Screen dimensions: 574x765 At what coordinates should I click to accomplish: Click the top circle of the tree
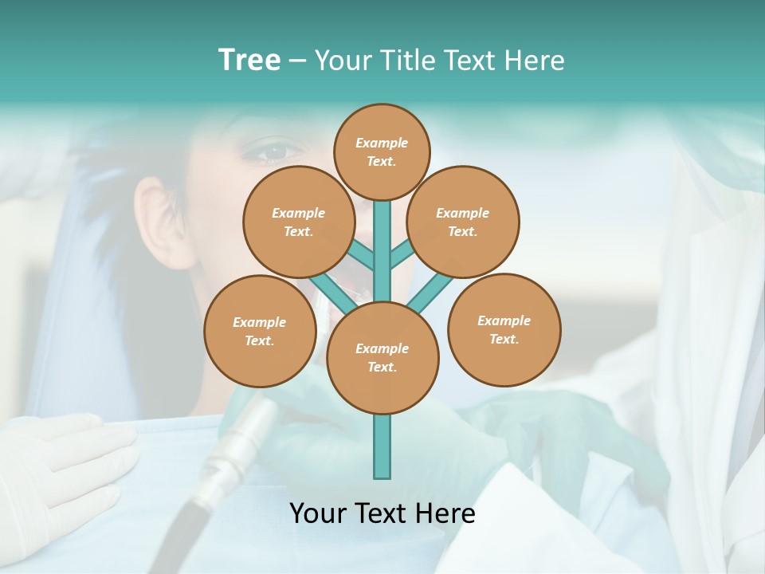pos(382,151)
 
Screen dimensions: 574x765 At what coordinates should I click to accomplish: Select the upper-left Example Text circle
pos(298,222)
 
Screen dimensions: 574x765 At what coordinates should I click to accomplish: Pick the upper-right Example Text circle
pos(462,222)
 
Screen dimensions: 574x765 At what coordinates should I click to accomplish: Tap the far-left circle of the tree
pos(260,331)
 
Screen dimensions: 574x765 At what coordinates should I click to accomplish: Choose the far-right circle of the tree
pos(504,329)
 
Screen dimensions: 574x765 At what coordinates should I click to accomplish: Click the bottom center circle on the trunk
pos(382,357)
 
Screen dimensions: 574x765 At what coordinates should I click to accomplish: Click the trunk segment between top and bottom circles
pos(382,251)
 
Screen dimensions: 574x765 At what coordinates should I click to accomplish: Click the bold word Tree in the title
pos(249,60)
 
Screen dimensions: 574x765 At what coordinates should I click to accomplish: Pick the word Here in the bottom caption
pos(447,513)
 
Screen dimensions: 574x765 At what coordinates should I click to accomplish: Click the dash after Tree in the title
pos(297,60)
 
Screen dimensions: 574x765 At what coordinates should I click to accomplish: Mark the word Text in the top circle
pos(382,161)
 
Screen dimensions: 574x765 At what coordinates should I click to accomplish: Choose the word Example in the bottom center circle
pos(382,348)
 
